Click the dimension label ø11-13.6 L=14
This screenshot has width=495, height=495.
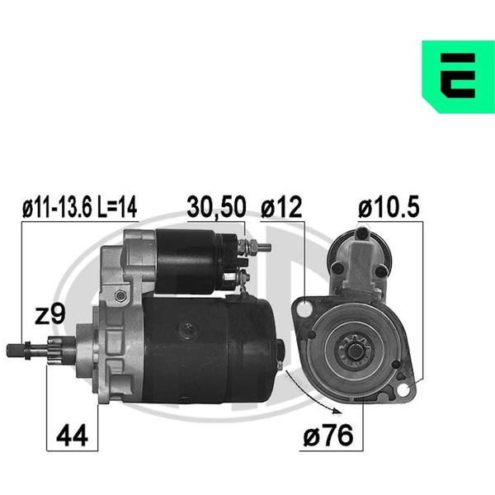pyautogui.click(x=80, y=207)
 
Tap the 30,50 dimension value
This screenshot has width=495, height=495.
pyautogui.click(x=216, y=207)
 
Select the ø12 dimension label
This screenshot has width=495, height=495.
pyautogui.click(x=281, y=207)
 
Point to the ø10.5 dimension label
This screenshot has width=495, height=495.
pyautogui.click(x=389, y=207)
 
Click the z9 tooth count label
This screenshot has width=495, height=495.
pyautogui.click(x=49, y=313)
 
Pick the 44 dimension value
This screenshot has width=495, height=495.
pyautogui.click(x=72, y=436)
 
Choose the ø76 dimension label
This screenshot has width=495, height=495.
pyautogui.click(x=328, y=436)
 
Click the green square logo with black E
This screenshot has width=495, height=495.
pyautogui.click(x=458, y=77)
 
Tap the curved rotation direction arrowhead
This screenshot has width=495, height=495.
pyautogui.click(x=337, y=410)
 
